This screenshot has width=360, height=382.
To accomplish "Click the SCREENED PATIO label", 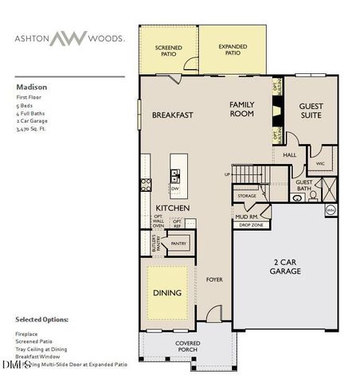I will tap(168, 53).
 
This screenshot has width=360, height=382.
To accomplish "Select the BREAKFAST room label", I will tap(173, 115).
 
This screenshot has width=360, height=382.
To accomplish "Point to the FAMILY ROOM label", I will tap(241, 109).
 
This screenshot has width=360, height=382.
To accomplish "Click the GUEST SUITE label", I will tap(310, 110).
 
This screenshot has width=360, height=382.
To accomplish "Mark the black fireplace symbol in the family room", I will tap(277, 111).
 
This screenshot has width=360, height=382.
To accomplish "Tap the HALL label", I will tap(290, 155).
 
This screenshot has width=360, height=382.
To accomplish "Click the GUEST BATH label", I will tap(304, 185).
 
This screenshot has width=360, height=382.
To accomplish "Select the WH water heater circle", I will tap(331, 210).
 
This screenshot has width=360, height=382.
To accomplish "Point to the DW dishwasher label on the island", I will tap(174, 189).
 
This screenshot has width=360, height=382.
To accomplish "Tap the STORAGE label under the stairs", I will tap(247, 195).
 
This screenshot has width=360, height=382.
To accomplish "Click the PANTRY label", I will tap(178, 244).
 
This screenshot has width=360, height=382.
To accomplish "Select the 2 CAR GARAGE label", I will tap(284, 267).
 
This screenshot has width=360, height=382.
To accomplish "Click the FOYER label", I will tap(214, 279).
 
